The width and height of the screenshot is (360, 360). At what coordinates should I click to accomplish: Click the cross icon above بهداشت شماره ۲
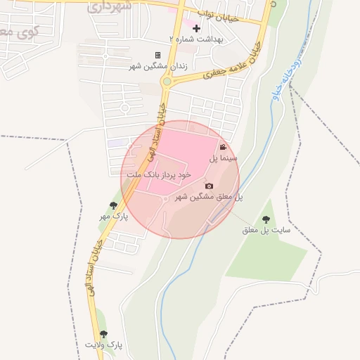coord(196,29)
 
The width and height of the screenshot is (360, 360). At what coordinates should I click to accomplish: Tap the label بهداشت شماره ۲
coord(196,40)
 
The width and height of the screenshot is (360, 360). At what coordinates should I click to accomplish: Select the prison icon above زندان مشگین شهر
coord(157,55)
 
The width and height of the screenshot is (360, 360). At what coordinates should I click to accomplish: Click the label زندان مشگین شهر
coord(153,66)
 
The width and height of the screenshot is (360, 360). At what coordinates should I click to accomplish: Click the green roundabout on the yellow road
coord(167,82)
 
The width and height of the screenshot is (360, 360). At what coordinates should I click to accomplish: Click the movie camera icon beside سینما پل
coord(223,148)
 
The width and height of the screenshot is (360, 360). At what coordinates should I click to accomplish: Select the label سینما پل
coord(219,160)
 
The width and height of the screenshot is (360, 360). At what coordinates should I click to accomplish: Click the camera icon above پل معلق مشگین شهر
coord(209,186)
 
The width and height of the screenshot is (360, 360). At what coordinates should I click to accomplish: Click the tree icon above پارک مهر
coord(113,205)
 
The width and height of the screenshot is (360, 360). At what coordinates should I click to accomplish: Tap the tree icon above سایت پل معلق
coord(266,219)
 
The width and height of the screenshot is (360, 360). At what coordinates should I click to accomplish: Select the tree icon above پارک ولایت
coord(104,334)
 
